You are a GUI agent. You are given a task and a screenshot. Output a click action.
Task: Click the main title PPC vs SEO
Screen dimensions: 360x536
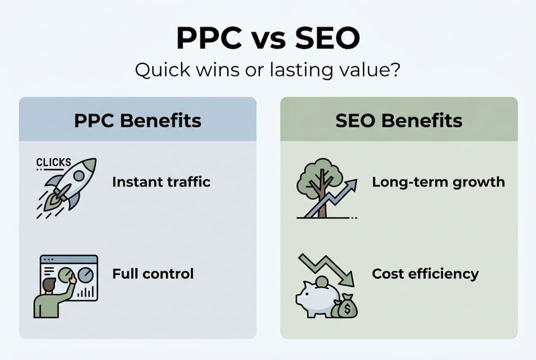(268, 38)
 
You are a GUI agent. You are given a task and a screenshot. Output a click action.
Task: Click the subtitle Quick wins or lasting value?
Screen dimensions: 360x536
(268, 69)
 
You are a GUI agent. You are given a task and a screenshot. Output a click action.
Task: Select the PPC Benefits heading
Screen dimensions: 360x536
(137, 120)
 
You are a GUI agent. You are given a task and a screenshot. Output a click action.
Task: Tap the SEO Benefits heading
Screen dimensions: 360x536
(399, 120)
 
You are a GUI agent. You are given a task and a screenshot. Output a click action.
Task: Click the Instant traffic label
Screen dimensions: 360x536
(161, 181)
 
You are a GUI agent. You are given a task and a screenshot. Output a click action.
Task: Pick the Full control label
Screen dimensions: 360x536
(153, 274)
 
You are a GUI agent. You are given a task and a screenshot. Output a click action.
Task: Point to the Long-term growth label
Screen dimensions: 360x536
(438, 181)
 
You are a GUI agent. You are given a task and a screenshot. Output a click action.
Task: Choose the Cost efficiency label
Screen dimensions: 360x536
(425, 274)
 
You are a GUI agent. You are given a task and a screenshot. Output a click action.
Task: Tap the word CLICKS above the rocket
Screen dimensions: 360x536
(54, 162)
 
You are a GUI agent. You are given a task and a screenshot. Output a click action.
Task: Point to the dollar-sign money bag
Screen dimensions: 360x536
(344, 307)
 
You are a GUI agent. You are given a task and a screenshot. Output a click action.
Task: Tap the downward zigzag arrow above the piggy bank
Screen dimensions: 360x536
(327, 267)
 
